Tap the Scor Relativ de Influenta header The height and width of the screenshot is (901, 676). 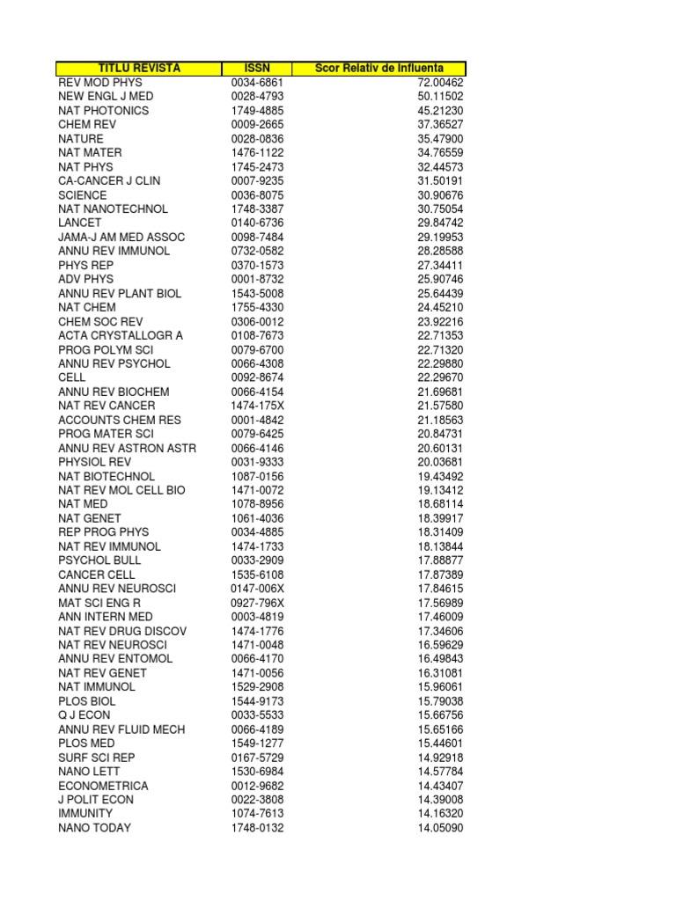click(x=379, y=69)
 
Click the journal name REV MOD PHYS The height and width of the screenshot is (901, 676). click(x=99, y=83)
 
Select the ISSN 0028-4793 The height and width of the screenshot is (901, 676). click(x=258, y=97)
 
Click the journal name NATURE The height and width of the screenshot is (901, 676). click(x=81, y=139)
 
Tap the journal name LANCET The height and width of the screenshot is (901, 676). click(x=80, y=223)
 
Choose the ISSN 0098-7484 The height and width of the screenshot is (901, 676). click(x=258, y=238)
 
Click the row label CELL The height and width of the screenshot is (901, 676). click(x=72, y=377)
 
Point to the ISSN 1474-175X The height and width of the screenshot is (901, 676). click(x=258, y=406)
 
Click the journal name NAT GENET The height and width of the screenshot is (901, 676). click(x=90, y=518)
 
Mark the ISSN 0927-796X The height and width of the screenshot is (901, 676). click(x=258, y=603)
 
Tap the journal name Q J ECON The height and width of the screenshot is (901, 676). click(x=84, y=715)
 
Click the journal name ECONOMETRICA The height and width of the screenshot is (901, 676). click(x=103, y=786)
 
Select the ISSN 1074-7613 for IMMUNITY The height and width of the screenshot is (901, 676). click(x=258, y=814)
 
